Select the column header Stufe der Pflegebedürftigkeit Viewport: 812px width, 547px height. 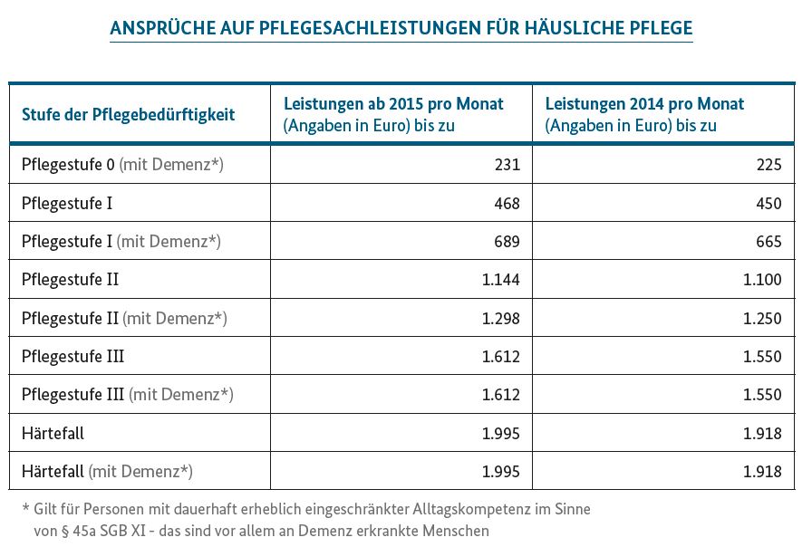(x=129, y=114)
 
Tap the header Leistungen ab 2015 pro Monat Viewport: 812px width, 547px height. (x=393, y=103)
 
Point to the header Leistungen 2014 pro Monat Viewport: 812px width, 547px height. (x=644, y=103)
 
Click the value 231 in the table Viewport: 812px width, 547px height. (x=507, y=165)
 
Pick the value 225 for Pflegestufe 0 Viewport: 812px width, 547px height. (x=768, y=165)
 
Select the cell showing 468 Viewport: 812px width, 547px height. (x=507, y=203)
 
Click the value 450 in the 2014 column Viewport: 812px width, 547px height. (x=768, y=203)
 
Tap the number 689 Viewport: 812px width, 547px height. (x=507, y=241)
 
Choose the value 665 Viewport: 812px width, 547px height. (x=768, y=241)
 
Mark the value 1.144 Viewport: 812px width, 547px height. (x=501, y=280)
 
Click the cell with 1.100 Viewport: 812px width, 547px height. (x=762, y=280)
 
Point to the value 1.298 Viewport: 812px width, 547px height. (x=501, y=318)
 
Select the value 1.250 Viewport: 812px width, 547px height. (x=762, y=318)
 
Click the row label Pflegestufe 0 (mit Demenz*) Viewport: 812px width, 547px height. (x=122, y=165)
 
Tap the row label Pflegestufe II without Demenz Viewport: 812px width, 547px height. (x=71, y=280)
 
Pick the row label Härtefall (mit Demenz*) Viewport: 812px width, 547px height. (x=107, y=472)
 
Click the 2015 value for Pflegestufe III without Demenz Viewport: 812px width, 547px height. (x=501, y=356)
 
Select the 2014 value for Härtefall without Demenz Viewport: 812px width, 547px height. (x=762, y=433)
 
